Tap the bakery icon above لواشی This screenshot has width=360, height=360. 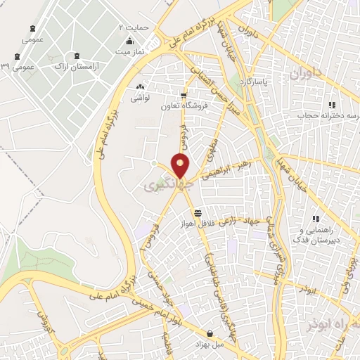[139, 88]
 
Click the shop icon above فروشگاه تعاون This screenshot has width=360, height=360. [184, 96]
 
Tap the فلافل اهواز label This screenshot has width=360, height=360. [198, 223]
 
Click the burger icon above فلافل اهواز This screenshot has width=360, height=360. [198, 212]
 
